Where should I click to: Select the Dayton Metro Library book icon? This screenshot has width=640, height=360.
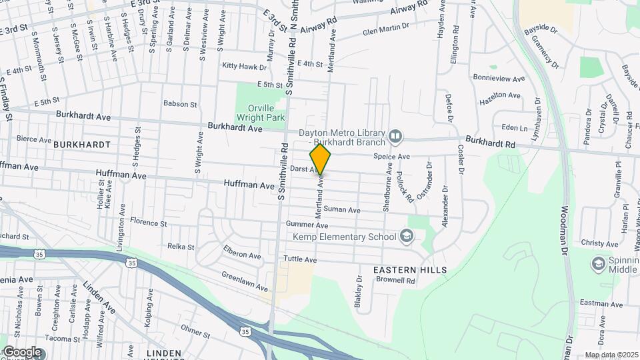(x=396, y=137)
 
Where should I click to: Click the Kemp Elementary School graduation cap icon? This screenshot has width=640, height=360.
(x=406, y=237)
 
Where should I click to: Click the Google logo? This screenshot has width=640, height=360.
(x=22, y=352)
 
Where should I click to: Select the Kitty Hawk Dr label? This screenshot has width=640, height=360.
(x=244, y=67)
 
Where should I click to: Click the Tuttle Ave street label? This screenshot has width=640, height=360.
(x=299, y=259)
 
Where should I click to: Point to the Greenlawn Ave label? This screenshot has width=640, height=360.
(x=244, y=281)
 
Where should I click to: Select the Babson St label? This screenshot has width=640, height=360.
(x=181, y=104)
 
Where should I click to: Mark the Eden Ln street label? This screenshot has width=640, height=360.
(x=514, y=127)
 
